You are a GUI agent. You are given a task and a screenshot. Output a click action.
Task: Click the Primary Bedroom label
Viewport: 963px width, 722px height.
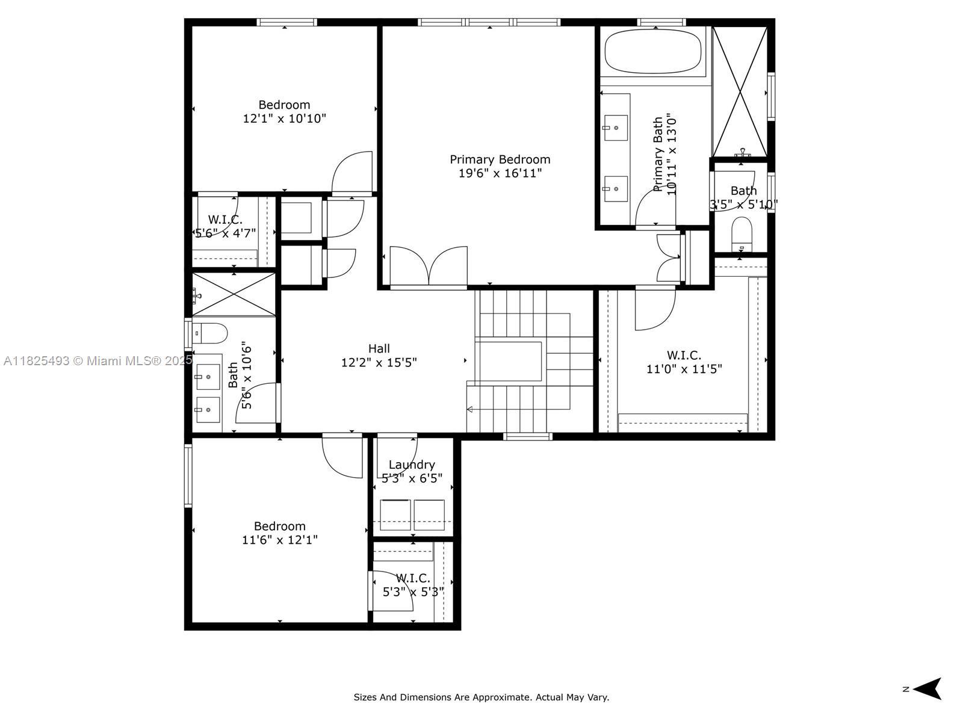(500, 159)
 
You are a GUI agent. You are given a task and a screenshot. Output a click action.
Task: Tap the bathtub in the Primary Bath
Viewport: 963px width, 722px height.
(652, 52)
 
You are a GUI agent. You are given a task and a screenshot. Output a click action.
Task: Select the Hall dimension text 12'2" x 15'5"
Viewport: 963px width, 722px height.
(379, 363)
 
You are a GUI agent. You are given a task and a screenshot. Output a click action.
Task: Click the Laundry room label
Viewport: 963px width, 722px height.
(412, 464)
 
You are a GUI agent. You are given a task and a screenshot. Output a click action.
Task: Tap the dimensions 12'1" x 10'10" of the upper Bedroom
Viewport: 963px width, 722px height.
(284, 119)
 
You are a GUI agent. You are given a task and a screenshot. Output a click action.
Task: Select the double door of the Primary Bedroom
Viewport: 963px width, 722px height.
(429, 266)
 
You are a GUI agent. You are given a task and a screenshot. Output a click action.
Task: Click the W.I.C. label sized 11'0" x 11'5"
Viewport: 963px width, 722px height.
(684, 356)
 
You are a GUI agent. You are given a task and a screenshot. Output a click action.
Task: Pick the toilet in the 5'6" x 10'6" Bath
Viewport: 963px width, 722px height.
(210, 332)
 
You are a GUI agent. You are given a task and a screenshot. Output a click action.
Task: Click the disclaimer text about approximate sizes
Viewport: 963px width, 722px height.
(481, 697)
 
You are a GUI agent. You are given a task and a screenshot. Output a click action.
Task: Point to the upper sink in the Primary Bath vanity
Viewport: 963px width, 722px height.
(615, 128)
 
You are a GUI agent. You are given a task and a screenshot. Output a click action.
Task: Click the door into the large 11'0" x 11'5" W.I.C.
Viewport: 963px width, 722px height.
(655, 309)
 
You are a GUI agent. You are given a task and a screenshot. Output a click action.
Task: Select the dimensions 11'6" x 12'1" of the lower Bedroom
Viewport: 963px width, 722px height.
(279, 540)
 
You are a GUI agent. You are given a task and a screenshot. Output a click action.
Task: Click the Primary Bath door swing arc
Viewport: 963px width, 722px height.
(655, 208)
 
